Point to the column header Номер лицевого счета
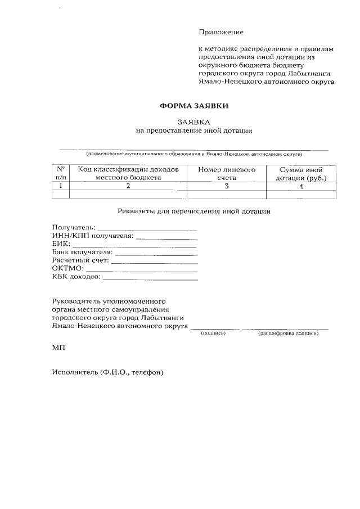(227, 173)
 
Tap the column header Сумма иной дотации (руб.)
(301, 173)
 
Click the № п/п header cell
(60, 173)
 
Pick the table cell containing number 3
(227, 186)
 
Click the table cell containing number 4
(301, 186)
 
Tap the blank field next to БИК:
(134, 246)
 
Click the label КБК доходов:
(76, 276)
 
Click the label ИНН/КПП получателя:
(93, 236)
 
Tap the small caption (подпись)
(213, 334)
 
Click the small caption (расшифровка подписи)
(288, 334)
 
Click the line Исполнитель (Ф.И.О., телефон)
(107, 372)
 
